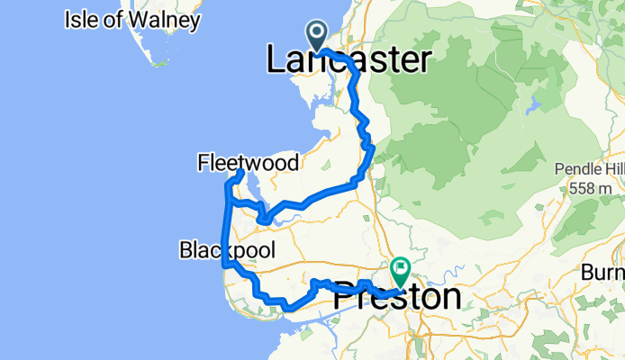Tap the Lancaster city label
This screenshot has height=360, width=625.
tap(349, 60)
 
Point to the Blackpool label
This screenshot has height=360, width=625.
tap(227, 248)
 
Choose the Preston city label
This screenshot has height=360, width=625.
tap(396, 297)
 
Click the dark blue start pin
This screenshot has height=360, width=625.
tap(318, 35)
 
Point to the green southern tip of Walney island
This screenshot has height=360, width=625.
tap(159, 62)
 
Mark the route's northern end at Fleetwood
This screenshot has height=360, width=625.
tap(240, 172)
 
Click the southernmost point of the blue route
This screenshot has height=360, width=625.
tap(288, 309)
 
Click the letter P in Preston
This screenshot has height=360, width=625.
tap(344, 297)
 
